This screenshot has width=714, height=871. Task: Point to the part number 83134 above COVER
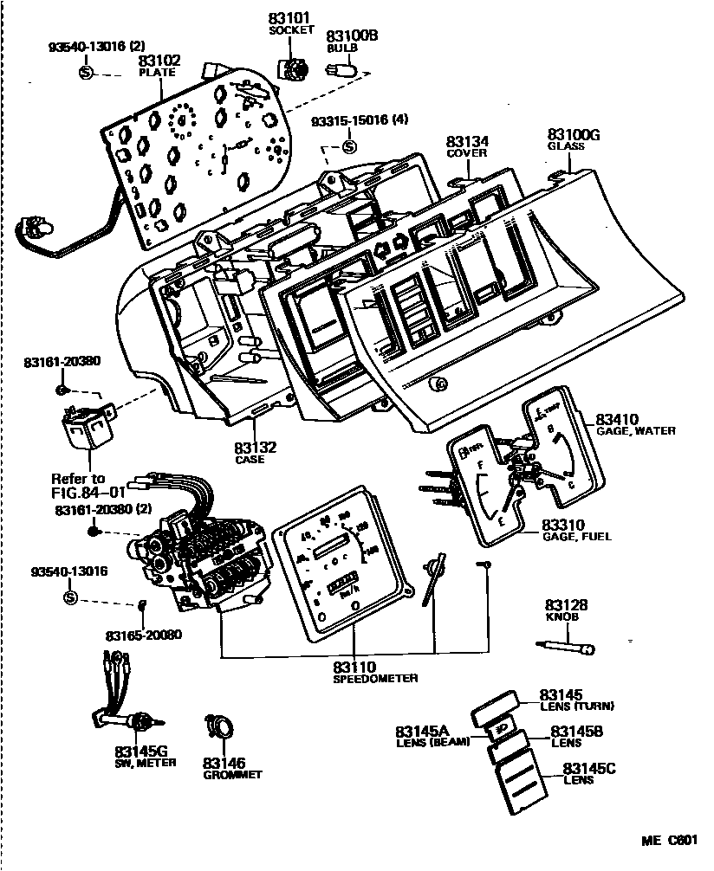(467, 140)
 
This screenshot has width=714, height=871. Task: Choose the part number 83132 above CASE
(255, 447)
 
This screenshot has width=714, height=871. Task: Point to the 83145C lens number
(589, 768)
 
